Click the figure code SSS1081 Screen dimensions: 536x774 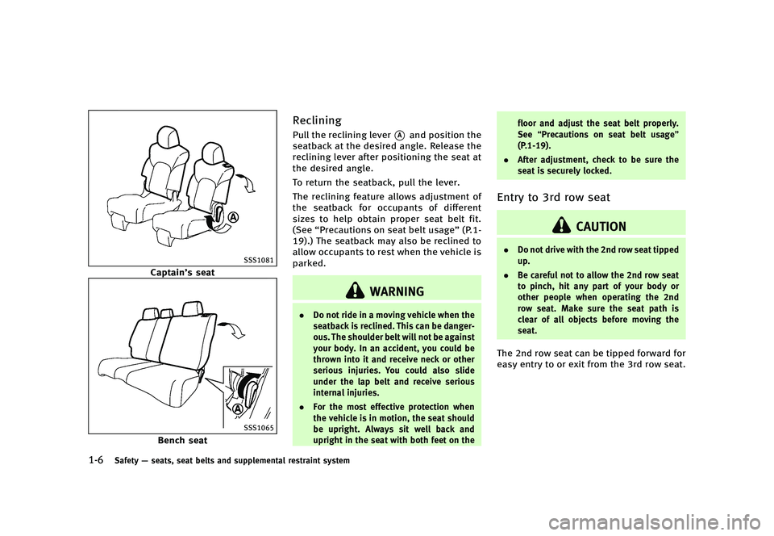pos(259,259)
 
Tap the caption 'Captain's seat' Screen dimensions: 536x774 pos(182,273)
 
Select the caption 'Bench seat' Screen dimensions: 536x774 pos(182,441)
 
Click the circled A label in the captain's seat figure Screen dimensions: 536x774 pos(232,216)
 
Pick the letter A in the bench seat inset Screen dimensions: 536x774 pos(239,408)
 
